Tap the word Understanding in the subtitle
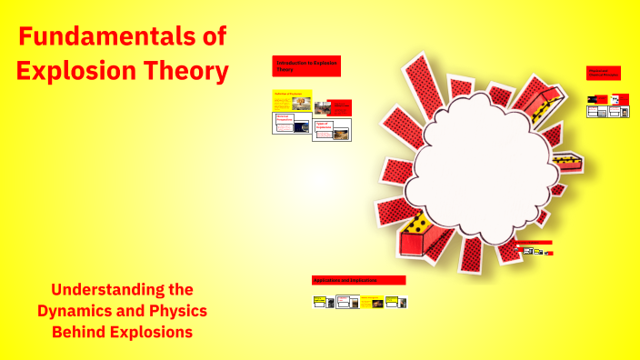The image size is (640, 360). [122, 290]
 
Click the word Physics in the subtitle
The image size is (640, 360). [175, 311]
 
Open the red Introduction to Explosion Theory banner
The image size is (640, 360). [305, 65]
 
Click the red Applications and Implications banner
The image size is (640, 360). [358, 281]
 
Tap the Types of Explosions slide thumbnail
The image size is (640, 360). [332, 129]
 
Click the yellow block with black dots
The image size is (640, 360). [419, 223]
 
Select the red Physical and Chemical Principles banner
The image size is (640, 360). [604, 73]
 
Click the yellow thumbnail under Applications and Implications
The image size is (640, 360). [370, 302]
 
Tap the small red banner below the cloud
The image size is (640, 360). [534, 243]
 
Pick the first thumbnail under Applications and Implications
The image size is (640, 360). [320, 302]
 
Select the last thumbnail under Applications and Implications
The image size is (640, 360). [395, 302]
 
